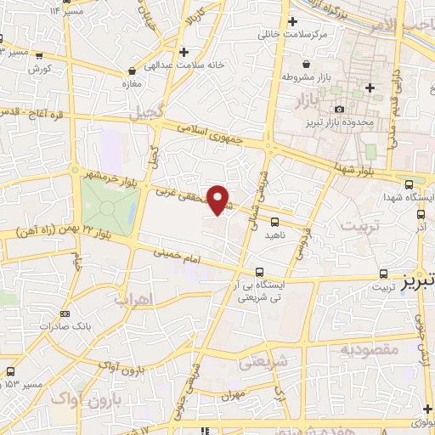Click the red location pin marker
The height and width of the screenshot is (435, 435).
click(x=219, y=200)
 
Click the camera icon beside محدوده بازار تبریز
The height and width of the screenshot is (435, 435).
click(x=340, y=109)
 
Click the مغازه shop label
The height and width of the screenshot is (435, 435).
click(x=132, y=86)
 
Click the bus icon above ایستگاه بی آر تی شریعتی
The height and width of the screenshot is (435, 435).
click(x=259, y=272)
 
